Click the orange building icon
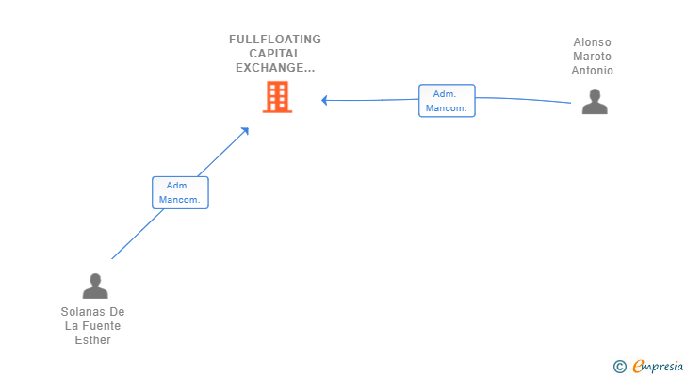click(x=277, y=97)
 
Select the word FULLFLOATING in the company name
click(x=275, y=40)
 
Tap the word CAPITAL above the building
click(x=275, y=54)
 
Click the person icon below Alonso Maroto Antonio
click(x=595, y=101)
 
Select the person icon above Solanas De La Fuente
click(x=94, y=285)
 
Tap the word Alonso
click(x=593, y=42)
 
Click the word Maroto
click(x=593, y=57)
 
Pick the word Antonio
click(x=593, y=71)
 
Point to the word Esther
click(x=93, y=340)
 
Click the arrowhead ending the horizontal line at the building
click(x=325, y=100)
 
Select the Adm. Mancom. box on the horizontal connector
click(x=447, y=101)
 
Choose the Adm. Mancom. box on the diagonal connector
click(x=180, y=192)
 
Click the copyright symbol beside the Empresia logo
click(x=619, y=367)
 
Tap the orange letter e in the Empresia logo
click(x=638, y=367)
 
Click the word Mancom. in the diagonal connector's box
click(x=180, y=200)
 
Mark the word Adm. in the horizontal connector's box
click(x=445, y=93)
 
